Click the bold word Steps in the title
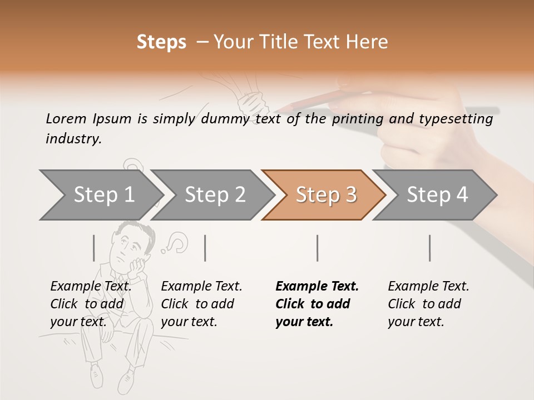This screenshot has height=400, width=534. [161, 42]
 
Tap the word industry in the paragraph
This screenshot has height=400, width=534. [72, 139]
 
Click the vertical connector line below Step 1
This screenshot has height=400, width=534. [94, 248]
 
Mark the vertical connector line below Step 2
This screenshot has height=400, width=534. [205, 248]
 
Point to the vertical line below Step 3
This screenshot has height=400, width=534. [317, 248]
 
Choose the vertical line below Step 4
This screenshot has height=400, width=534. [429, 248]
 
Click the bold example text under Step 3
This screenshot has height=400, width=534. [317, 304]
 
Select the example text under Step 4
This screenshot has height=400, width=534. [428, 304]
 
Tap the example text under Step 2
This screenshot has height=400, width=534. [201, 304]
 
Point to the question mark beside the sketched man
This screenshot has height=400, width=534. [177, 242]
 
